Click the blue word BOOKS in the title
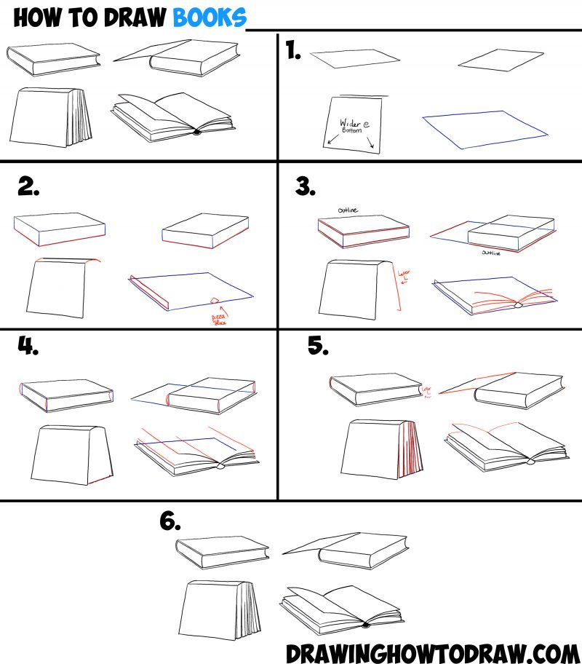click(x=210, y=17)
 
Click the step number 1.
click(x=294, y=52)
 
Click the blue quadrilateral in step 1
click(x=484, y=129)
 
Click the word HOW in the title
click(x=36, y=17)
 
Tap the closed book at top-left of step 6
click(x=221, y=552)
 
